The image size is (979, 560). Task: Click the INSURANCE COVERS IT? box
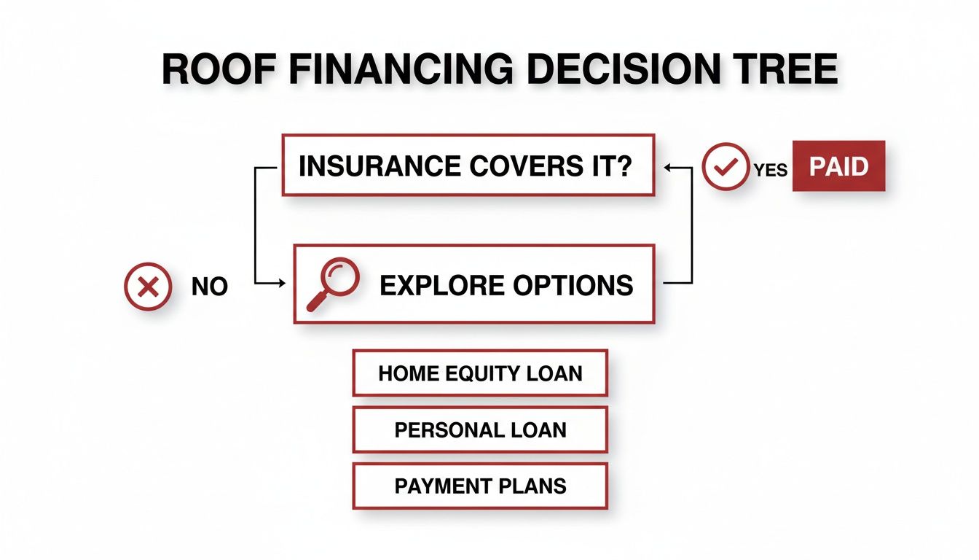[x=468, y=166]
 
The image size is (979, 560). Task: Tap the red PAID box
[x=838, y=167]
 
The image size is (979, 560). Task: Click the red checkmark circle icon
[x=724, y=167]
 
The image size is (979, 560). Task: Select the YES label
[x=771, y=169]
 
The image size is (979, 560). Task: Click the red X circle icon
[x=149, y=287]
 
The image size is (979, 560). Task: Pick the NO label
[x=210, y=287]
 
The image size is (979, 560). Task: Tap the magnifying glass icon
[x=332, y=284]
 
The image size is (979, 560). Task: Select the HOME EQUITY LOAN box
[x=479, y=373]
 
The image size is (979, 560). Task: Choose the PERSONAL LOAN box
[x=479, y=429]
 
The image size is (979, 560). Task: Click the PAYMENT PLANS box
[x=479, y=486]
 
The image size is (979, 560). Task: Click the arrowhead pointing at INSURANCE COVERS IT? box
[x=666, y=167]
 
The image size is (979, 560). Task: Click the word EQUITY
[x=487, y=373]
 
